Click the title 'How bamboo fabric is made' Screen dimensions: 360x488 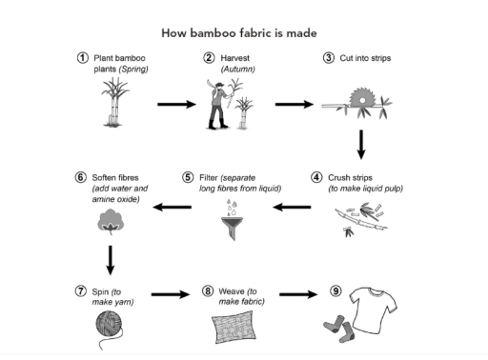[x=244, y=33]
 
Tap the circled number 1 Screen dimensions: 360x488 [x=84, y=59]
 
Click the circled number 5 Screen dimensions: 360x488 [x=189, y=177]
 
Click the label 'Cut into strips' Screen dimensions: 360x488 [x=360, y=59]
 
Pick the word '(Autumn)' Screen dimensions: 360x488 [x=238, y=70]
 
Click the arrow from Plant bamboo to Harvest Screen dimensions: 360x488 [x=173, y=104]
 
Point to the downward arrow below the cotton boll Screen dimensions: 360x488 [x=112, y=258]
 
